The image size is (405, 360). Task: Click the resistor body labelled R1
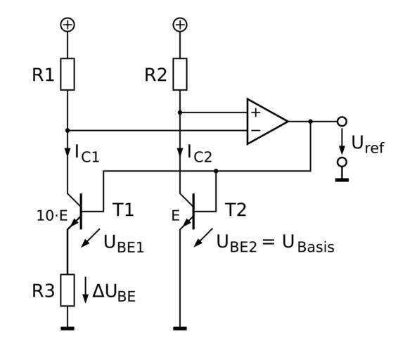[67, 74]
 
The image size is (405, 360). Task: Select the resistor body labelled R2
[180, 74]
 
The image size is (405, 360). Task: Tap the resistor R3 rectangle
[67, 290]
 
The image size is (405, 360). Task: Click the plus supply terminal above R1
[67, 25]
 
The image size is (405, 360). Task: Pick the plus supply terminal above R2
[180, 25]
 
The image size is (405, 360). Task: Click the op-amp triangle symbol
[266, 122]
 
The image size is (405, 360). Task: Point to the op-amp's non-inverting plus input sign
[256, 113]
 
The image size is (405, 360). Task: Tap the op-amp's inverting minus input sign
[256, 130]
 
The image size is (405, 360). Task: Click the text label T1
[123, 210]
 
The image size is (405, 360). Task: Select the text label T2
[236, 210]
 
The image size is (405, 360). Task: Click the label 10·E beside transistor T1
[52, 216]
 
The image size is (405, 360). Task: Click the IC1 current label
[87, 154]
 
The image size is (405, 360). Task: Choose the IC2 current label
[200, 154]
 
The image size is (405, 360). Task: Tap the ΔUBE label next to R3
[114, 293]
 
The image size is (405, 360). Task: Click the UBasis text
[309, 244]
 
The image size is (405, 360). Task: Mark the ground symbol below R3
[67, 328]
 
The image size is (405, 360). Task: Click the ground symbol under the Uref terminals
[342, 180]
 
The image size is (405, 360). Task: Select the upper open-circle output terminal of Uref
[342, 122]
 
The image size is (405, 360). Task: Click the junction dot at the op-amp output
[311, 122]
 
